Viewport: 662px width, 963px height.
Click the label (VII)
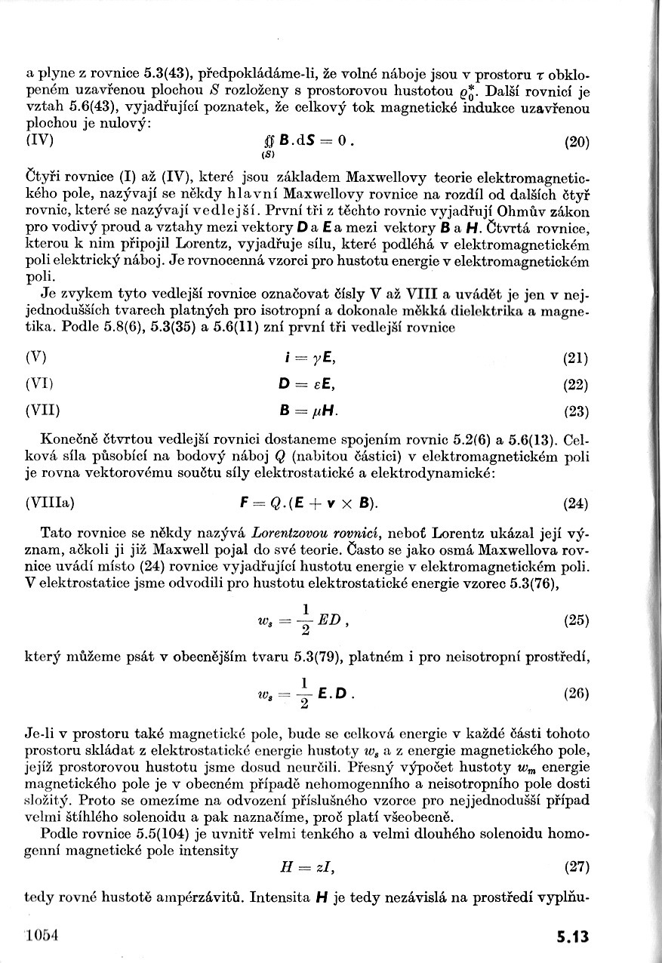tap(42, 411)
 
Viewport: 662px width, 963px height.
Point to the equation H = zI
tap(308, 869)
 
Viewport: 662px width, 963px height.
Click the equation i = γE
tap(306, 358)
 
